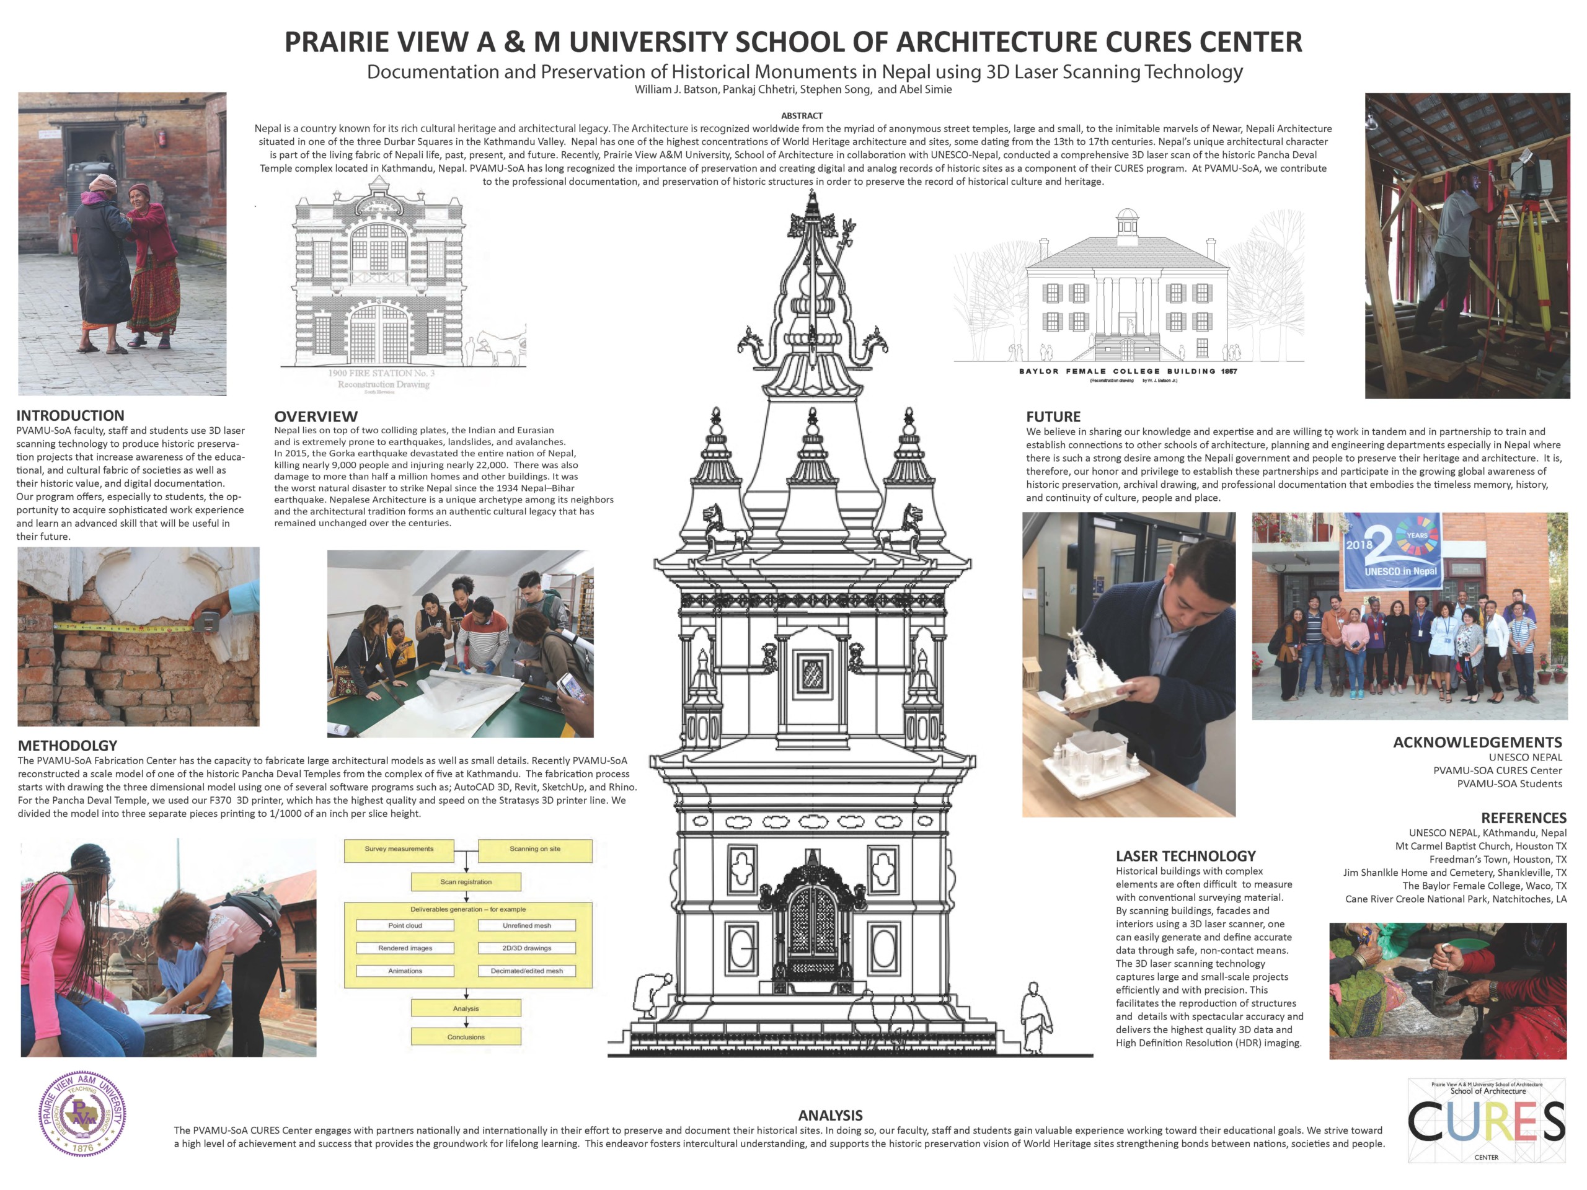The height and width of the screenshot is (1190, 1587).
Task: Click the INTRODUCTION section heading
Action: click(70, 415)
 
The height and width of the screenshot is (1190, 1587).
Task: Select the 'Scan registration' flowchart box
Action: click(466, 881)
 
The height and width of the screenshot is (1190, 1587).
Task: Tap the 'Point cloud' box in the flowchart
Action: click(405, 925)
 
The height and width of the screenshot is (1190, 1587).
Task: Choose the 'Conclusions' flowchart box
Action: click(466, 1036)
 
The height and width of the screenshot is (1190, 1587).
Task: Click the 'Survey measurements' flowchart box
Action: click(399, 849)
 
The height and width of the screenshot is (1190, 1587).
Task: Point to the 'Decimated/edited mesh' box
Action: click(526, 971)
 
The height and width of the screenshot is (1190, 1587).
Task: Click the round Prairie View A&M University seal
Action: click(82, 1113)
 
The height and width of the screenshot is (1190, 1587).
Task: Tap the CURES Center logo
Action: click(1486, 1121)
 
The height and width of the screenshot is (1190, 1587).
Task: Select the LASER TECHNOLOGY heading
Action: click(1185, 856)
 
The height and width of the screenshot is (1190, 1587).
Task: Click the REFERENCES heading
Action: click(1523, 818)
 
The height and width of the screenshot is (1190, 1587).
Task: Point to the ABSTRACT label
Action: click(802, 115)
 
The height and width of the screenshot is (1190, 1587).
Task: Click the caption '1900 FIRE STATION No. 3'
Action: click(381, 373)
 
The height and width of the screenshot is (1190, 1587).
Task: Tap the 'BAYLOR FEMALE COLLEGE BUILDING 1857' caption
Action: click(1128, 371)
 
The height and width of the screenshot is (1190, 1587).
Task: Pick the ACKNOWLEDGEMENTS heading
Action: click(1477, 743)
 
